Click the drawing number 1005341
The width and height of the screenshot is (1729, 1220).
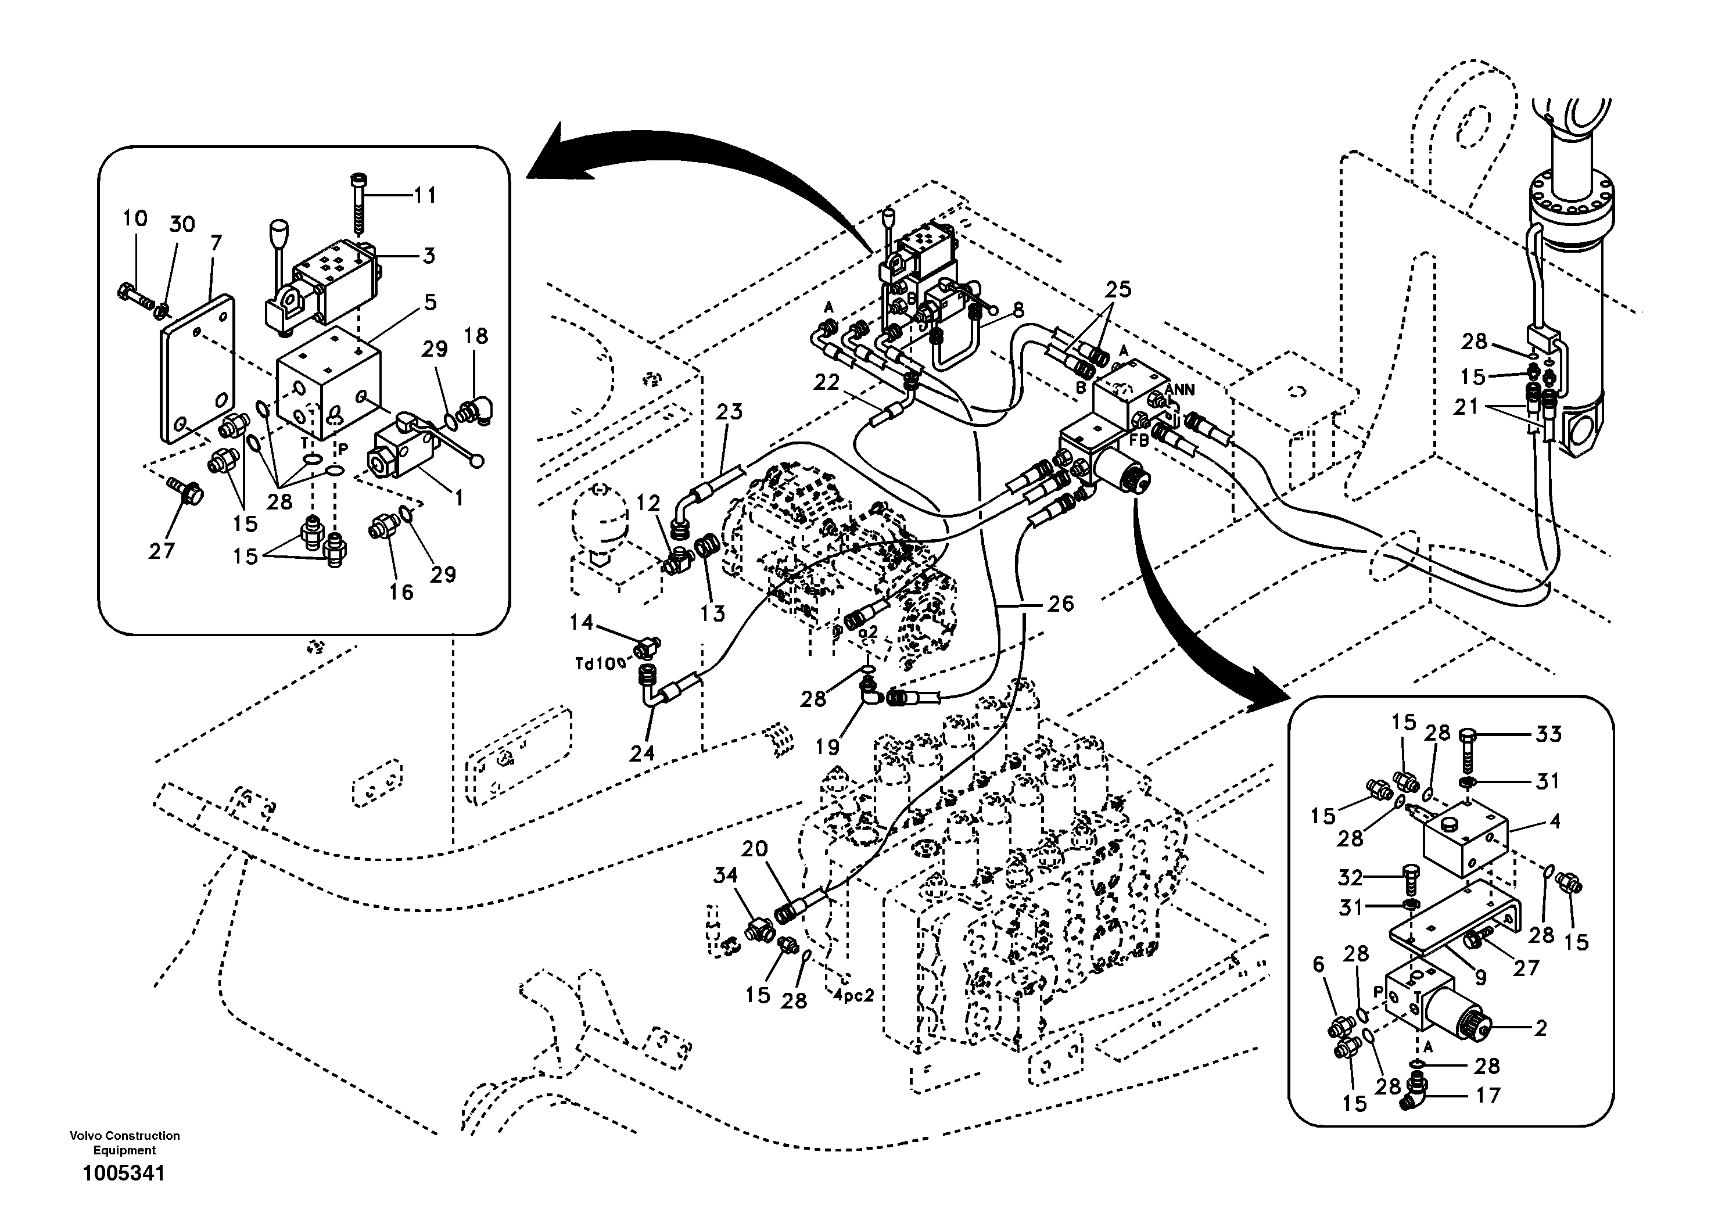click(124, 1174)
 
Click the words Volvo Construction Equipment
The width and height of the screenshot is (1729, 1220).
click(124, 1142)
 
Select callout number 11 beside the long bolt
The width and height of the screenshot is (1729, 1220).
click(425, 196)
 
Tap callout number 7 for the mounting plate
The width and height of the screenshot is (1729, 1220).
click(216, 243)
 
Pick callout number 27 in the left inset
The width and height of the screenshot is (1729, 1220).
click(161, 551)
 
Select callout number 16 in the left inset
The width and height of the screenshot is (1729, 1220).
click(401, 592)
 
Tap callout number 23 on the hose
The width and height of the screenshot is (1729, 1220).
click(729, 412)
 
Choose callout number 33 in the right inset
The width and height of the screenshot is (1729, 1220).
click(1548, 734)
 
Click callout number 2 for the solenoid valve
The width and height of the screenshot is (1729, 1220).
click(1541, 1027)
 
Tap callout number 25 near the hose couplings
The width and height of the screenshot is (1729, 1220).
click(1118, 289)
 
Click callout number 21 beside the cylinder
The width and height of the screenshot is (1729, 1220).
click(1465, 407)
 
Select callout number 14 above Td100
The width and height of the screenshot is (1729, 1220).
click(582, 622)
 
